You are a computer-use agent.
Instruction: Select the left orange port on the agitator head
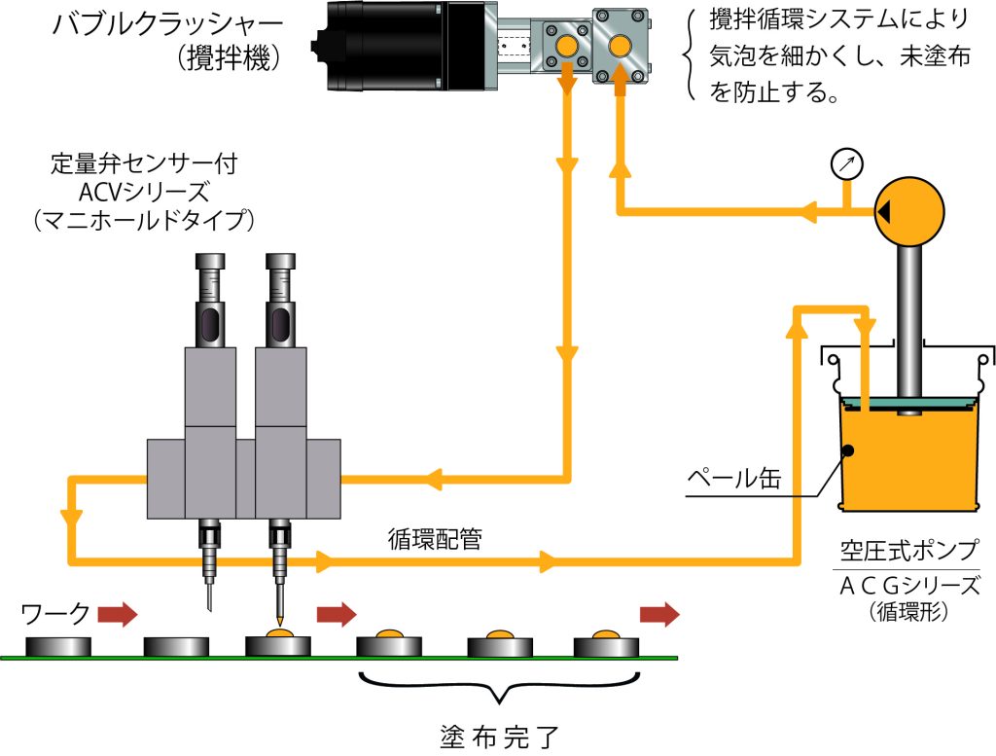565,47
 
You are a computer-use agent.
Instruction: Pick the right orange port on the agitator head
620,46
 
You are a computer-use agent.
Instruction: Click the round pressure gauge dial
846,162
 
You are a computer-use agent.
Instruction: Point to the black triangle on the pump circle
884,211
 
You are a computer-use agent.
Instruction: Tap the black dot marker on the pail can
848,450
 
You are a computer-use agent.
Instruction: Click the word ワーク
55,613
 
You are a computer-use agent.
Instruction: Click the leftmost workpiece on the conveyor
57,646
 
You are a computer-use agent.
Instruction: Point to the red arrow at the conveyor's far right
658,613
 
